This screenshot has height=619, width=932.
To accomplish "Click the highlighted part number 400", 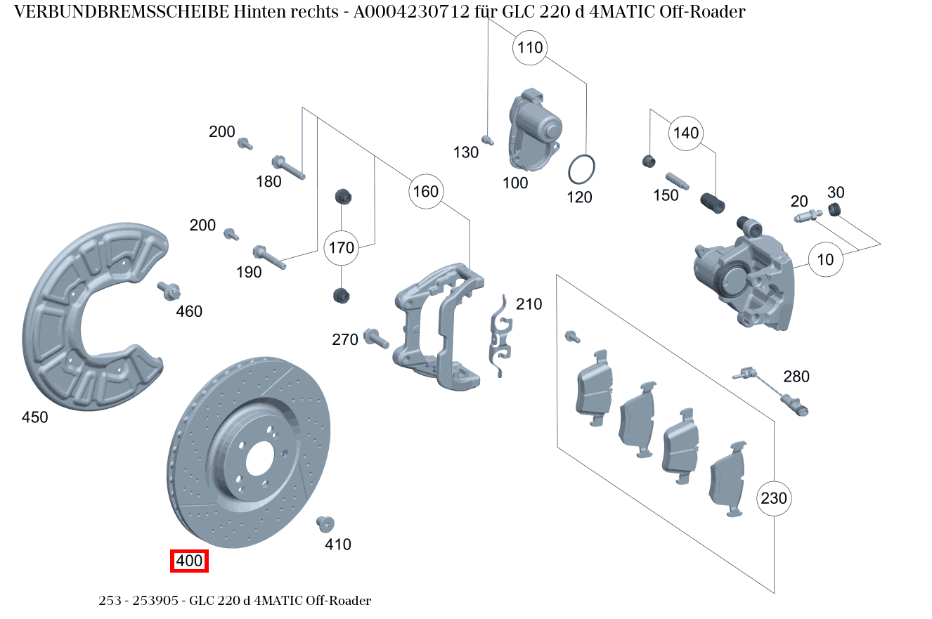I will coord(190,561).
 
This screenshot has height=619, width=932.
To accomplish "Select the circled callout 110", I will coord(531,48).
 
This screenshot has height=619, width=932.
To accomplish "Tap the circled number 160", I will coord(425,191).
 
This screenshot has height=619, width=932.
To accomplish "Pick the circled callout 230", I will coord(774,498).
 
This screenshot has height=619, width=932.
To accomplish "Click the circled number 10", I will coord(825,259).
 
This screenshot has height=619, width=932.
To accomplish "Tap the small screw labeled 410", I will coord(325,523).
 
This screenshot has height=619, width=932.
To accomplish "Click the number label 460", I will coord(188,311).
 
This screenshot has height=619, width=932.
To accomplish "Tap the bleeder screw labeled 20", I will coord(808,217).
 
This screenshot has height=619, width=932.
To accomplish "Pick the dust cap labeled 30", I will coord(834,209).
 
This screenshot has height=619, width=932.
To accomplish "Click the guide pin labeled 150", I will coord(680,181).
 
